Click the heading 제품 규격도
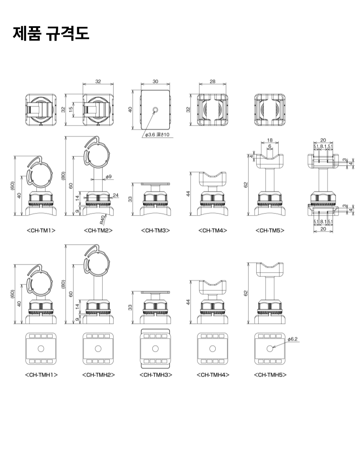tap(51, 33)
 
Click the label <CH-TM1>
tap(41, 230)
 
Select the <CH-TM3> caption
tap(155, 230)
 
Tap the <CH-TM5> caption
tap(270, 230)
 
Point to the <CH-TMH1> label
tap(41, 375)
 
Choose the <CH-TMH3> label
tap(155, 375)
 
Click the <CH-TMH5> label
tap(270, 375)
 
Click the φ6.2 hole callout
tap(293, 339)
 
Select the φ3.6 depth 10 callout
tap(157, 135)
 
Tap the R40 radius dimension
tap(103, 220)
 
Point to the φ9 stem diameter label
tap(108, 176)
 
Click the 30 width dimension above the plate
tap(155, 82)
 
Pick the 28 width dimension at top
tap(212, 82)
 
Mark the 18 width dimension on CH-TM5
tap(270, 140)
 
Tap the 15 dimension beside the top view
tap(71, 109)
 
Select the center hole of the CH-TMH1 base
tap(41, 349)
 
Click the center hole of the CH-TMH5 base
tap(270, 349)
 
